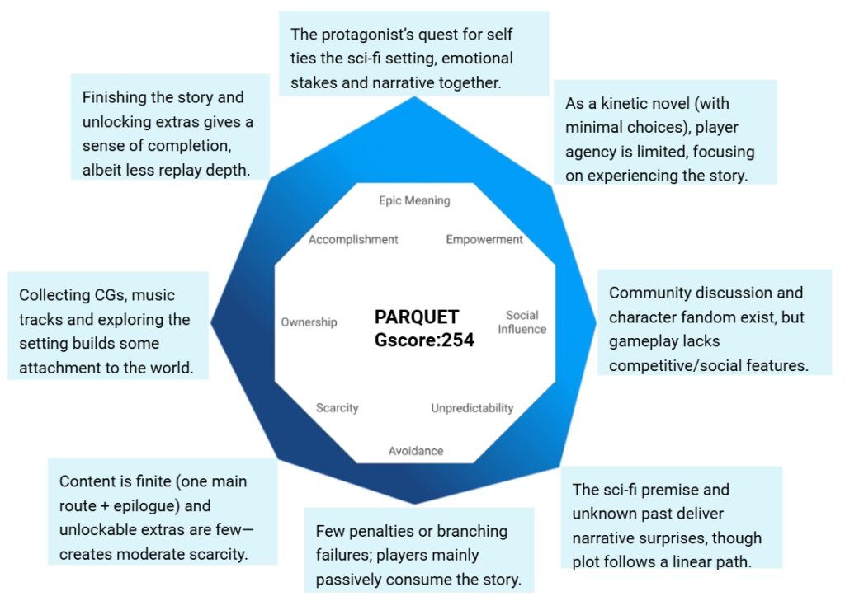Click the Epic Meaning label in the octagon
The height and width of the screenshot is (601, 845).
click(414, 200)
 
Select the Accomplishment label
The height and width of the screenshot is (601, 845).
click(353, 240)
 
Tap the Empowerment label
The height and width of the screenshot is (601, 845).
click(484, 240)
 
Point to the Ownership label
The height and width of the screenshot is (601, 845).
click(309, 322)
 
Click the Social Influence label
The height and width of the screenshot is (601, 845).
click(522, 322)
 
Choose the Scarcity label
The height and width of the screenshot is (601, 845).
click(337, 408)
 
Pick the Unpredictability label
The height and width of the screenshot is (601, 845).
click(472, 408)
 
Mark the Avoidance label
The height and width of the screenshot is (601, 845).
click(416, 451)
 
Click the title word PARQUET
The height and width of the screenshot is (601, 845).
click(417, 317)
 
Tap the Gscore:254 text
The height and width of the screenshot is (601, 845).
click(424, 339)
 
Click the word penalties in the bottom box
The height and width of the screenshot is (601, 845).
click(382, 531)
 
